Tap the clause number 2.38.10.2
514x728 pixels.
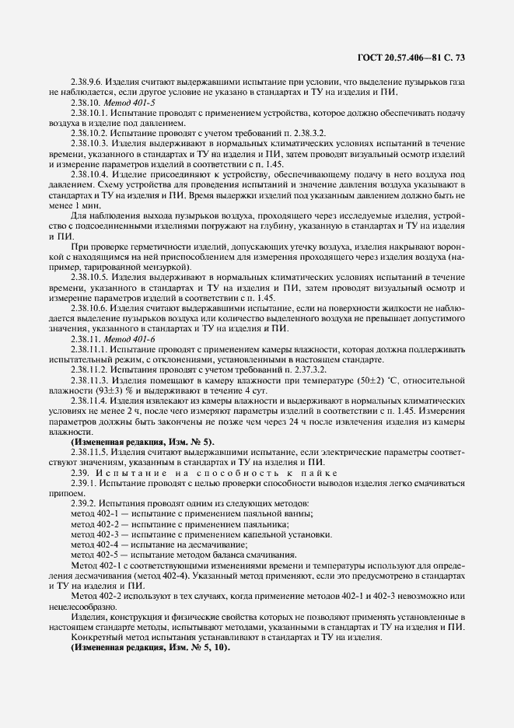pyautogui.click(x=90, y=132)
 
